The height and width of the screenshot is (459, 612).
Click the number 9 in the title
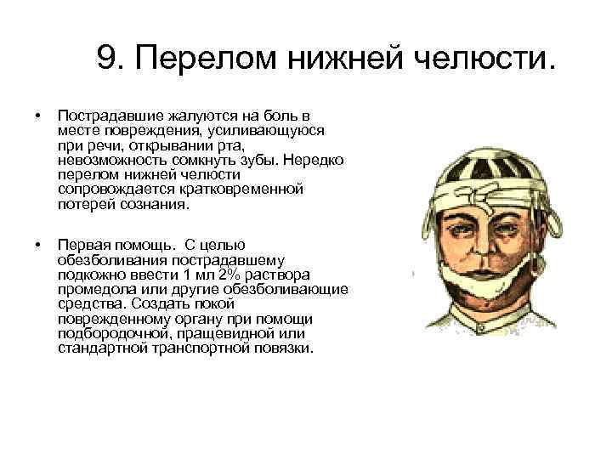109,58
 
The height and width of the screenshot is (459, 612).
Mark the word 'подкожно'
87,275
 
